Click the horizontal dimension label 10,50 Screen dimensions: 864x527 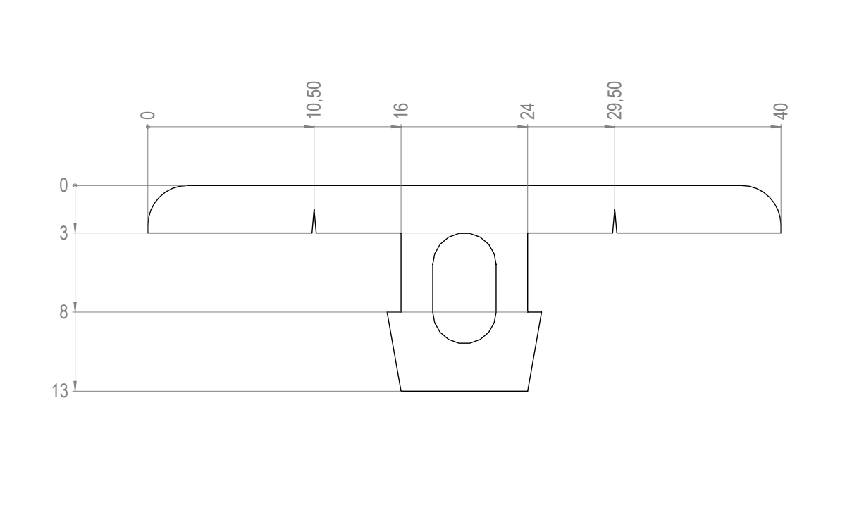point(314,99)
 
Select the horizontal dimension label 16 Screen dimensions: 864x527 point(401,110)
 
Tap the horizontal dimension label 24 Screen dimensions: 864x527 point(527,111)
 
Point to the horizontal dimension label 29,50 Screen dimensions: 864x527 point(615,100)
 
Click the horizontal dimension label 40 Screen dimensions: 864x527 point(781,111)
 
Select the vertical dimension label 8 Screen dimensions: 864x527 point(63,312)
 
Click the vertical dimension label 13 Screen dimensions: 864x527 point(60,391)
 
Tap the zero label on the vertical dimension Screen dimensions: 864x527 point(63,185)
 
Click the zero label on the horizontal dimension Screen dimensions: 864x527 point(148,116)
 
